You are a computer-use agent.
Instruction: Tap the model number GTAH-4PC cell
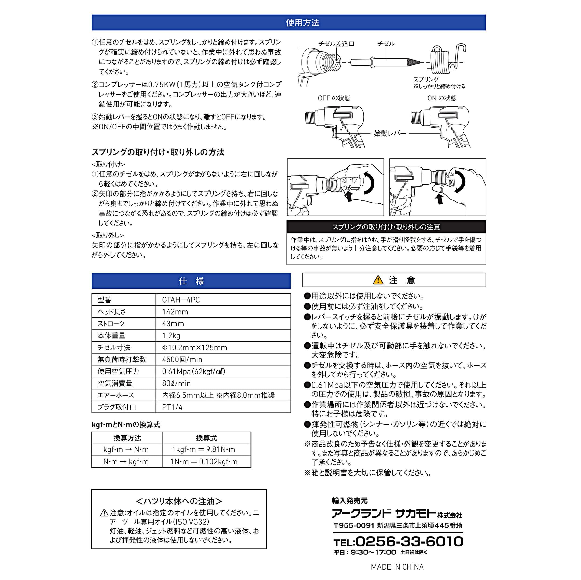pyautogui.click(x=181, y=300)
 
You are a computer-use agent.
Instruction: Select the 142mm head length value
pyautogui.click(x=175, y=312)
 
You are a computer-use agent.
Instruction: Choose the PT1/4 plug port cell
pyautogui.click(x=172, y=407)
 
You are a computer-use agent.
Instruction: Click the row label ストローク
pyautogui.click(x=111, y=323)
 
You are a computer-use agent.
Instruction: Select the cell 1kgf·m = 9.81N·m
pyautogui.click(x=204, y=450)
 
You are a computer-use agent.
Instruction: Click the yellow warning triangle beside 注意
pyautogui.click(x=378, y=280)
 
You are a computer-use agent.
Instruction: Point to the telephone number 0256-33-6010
pyautogui.click(x=409, y=541)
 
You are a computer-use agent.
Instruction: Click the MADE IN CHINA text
pyautogui.click(x=397, y=567)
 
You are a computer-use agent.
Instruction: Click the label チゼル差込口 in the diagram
pyautogui.click(x=336, y=44)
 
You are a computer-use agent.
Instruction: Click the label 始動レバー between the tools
pyautogui.click(x=390, y=133)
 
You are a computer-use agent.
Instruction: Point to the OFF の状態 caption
pyautogui.click(x=334, y=98)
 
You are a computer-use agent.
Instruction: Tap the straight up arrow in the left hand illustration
pyautogui.click(x=349, y=197)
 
